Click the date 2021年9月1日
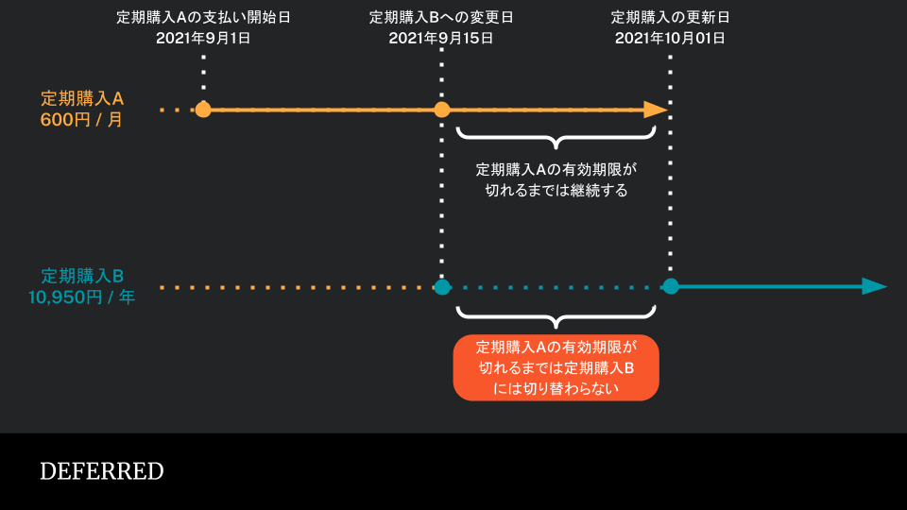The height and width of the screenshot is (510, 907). point(203,38)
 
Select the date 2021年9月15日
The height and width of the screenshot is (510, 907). point(441,38)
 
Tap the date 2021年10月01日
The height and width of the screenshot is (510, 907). point(670,38)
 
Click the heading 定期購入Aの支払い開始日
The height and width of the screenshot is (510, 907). point(203,17)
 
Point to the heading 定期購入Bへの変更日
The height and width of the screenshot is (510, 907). point(441,17)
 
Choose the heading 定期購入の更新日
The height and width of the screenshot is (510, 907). point(670,17)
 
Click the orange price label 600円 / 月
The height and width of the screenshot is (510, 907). point(81,120)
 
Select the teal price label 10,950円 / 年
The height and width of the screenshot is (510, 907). point(81,297)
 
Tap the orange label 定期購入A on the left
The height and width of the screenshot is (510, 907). point(82,98)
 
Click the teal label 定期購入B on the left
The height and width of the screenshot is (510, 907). point(82,276)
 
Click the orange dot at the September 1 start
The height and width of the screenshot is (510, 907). point(203,110)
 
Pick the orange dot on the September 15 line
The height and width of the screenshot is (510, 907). point(442,110)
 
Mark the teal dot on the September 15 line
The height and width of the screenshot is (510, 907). point(442,287)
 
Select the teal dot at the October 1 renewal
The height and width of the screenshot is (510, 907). point(671,286)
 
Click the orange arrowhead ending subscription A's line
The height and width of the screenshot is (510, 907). point(656,110)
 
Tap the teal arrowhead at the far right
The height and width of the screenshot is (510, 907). point(875,286)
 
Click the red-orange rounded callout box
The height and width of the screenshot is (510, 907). point(556,367)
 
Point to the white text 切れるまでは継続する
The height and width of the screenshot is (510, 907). point(556,190)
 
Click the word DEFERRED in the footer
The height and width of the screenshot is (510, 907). point(102,471)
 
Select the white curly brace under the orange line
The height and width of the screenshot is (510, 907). point(556,139)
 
